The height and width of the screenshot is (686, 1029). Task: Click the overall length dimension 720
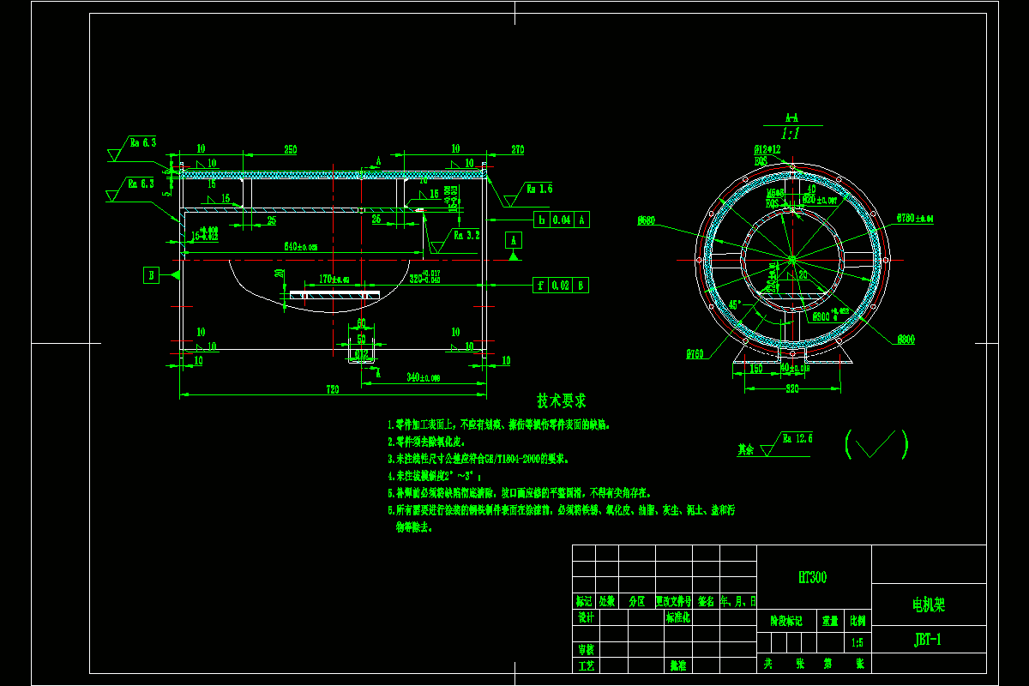(333, 390)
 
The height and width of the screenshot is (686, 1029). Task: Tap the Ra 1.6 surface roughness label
(539, 188)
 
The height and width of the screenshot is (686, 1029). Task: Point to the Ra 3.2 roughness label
(466, 233)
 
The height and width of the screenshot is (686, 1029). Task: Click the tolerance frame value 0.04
(562, 220)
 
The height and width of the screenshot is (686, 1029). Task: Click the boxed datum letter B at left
(152, 274)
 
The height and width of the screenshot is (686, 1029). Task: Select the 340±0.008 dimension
(423, 377)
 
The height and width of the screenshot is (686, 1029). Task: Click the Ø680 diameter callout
(647, 221)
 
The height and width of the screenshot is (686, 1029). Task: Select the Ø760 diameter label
(694, 353)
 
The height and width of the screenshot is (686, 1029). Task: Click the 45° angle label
(735, 304)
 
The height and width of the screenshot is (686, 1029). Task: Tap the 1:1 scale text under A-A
(791, 134)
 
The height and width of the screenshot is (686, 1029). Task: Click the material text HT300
(812, 578)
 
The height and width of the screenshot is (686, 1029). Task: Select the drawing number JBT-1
(928, 639)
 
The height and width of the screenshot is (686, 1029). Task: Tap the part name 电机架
(928, 605)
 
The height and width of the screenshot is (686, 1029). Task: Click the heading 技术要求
(562, 400)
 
